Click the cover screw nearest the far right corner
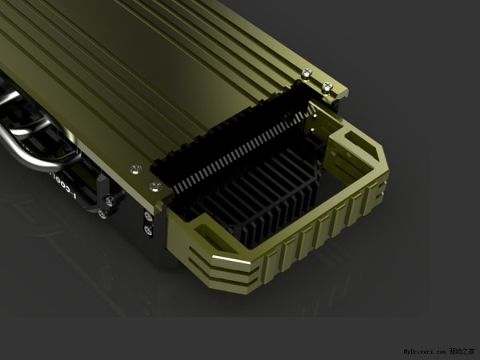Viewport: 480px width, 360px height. (326, 86)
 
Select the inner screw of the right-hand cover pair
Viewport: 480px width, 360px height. (306, 74)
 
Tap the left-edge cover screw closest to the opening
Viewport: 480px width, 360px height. (154, 186)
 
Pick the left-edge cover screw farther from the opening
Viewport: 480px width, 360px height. (134, 168)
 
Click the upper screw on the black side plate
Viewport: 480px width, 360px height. (149, 216)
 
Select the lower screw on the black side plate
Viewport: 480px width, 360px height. (149, 230)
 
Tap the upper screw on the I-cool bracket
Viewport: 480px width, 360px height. (108, 201)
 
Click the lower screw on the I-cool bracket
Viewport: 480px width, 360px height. (102, 214)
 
